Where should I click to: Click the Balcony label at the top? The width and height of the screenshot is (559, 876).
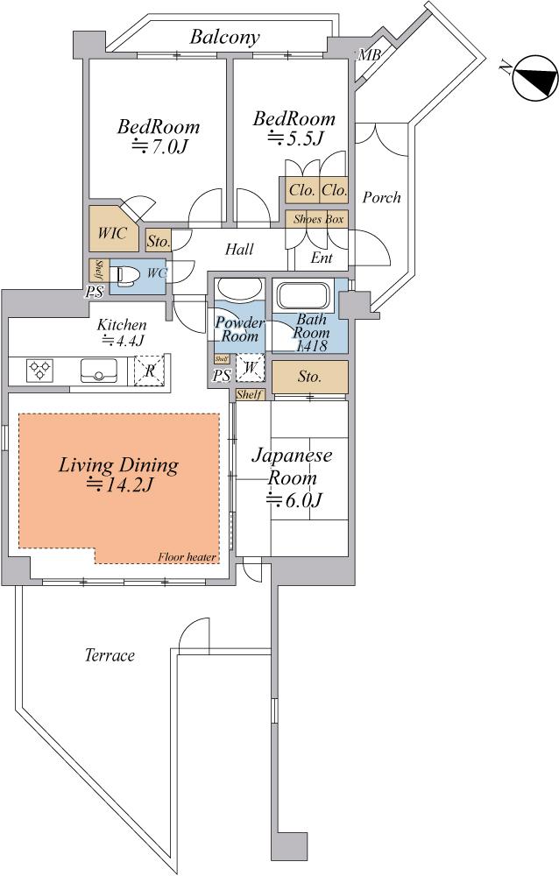pos(224,38)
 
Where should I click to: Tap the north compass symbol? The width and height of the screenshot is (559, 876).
pos(535,78)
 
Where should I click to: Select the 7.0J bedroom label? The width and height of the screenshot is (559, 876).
pos(159,136)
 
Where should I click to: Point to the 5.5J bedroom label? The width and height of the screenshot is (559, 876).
pos(294,128)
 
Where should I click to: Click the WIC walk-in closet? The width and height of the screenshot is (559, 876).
pos(114,229)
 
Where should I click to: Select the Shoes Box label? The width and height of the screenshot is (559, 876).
pos(318,219)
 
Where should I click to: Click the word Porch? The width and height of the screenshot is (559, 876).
pos(381,197)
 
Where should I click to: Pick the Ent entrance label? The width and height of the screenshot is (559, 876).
pos(322,258)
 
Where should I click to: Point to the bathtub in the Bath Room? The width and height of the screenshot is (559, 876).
pos(305,296)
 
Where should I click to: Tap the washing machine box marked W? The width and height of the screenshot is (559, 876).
pos(250,368)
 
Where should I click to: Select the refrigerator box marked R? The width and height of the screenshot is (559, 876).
pos(149,371)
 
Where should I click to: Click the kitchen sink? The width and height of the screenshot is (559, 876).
pos(99,371)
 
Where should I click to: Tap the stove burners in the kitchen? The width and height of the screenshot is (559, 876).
pos(40,369)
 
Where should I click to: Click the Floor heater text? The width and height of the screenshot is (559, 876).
pos(187,557)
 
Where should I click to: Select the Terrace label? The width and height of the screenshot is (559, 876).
pos(110,655)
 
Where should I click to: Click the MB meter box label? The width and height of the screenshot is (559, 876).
pos(369,54)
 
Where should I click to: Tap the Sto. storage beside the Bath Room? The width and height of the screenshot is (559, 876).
pos(310,377)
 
